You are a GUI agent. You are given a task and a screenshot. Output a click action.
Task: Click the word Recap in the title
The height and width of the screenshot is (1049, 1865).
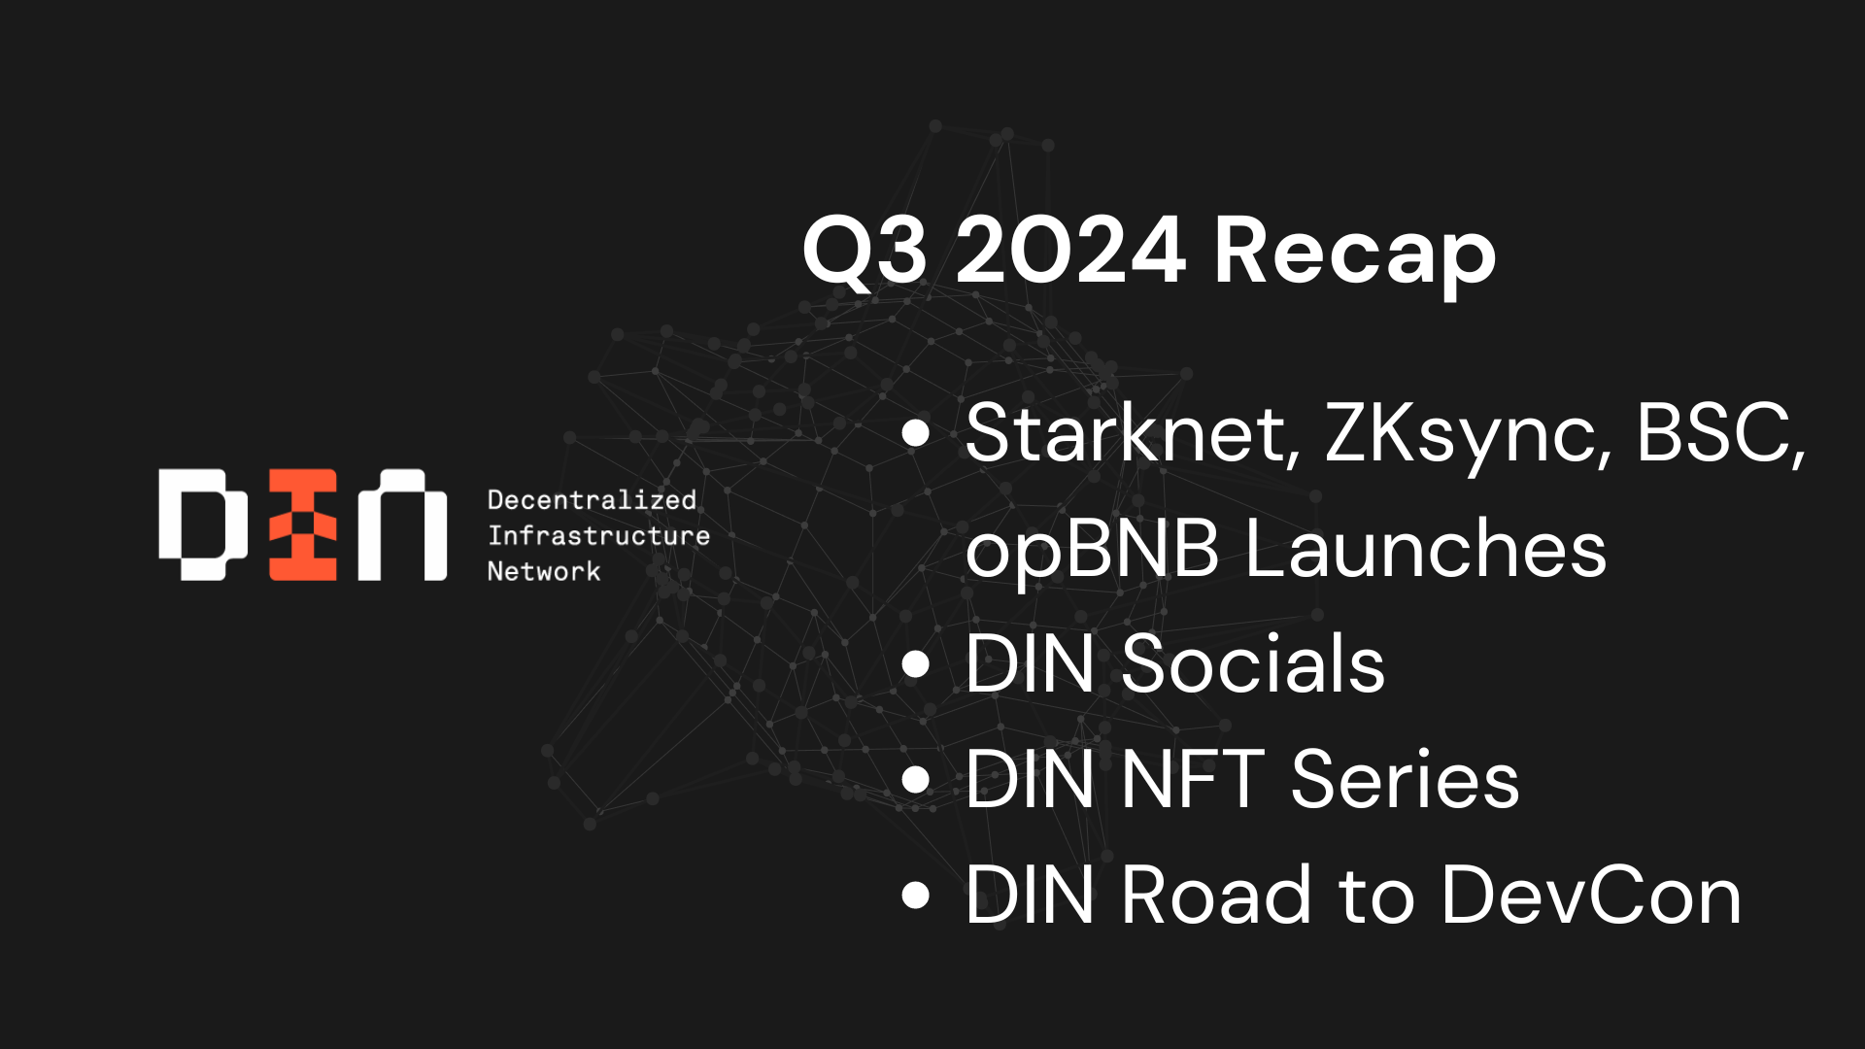(1355, 253)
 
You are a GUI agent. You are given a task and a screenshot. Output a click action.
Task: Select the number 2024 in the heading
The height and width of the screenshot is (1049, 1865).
(1070, 251)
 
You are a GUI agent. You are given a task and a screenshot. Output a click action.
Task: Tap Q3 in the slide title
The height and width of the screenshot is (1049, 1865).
(865, 253)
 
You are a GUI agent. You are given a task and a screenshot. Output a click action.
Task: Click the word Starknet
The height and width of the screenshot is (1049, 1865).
(1133, 433)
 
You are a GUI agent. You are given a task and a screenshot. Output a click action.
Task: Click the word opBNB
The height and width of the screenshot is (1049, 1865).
(1092, 550)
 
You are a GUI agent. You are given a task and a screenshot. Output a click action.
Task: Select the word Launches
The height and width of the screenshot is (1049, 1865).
(1426, 549)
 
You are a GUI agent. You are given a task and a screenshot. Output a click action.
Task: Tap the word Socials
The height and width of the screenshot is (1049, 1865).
(1253, 664)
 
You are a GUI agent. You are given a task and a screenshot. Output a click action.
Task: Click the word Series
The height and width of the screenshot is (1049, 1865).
(1406, 780)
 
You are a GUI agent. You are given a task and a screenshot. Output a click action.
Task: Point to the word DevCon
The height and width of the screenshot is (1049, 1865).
(1591, 896)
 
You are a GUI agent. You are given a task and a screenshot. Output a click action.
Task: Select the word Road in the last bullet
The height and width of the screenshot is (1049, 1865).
(1218, 896)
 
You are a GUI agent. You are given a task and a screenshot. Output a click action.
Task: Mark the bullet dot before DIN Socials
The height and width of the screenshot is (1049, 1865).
(916, 664)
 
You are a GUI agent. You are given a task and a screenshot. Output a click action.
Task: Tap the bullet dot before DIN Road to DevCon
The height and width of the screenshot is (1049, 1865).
(916, 896)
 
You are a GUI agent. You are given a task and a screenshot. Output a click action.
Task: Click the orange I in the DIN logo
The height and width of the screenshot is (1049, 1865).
(303, 525)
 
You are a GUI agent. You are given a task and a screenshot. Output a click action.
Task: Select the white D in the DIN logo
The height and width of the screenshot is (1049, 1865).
(204, 525)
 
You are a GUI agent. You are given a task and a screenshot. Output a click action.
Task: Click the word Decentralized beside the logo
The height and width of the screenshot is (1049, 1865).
(592, 500)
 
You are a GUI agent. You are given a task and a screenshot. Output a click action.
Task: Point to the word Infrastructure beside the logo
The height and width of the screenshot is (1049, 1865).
(598, 535)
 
